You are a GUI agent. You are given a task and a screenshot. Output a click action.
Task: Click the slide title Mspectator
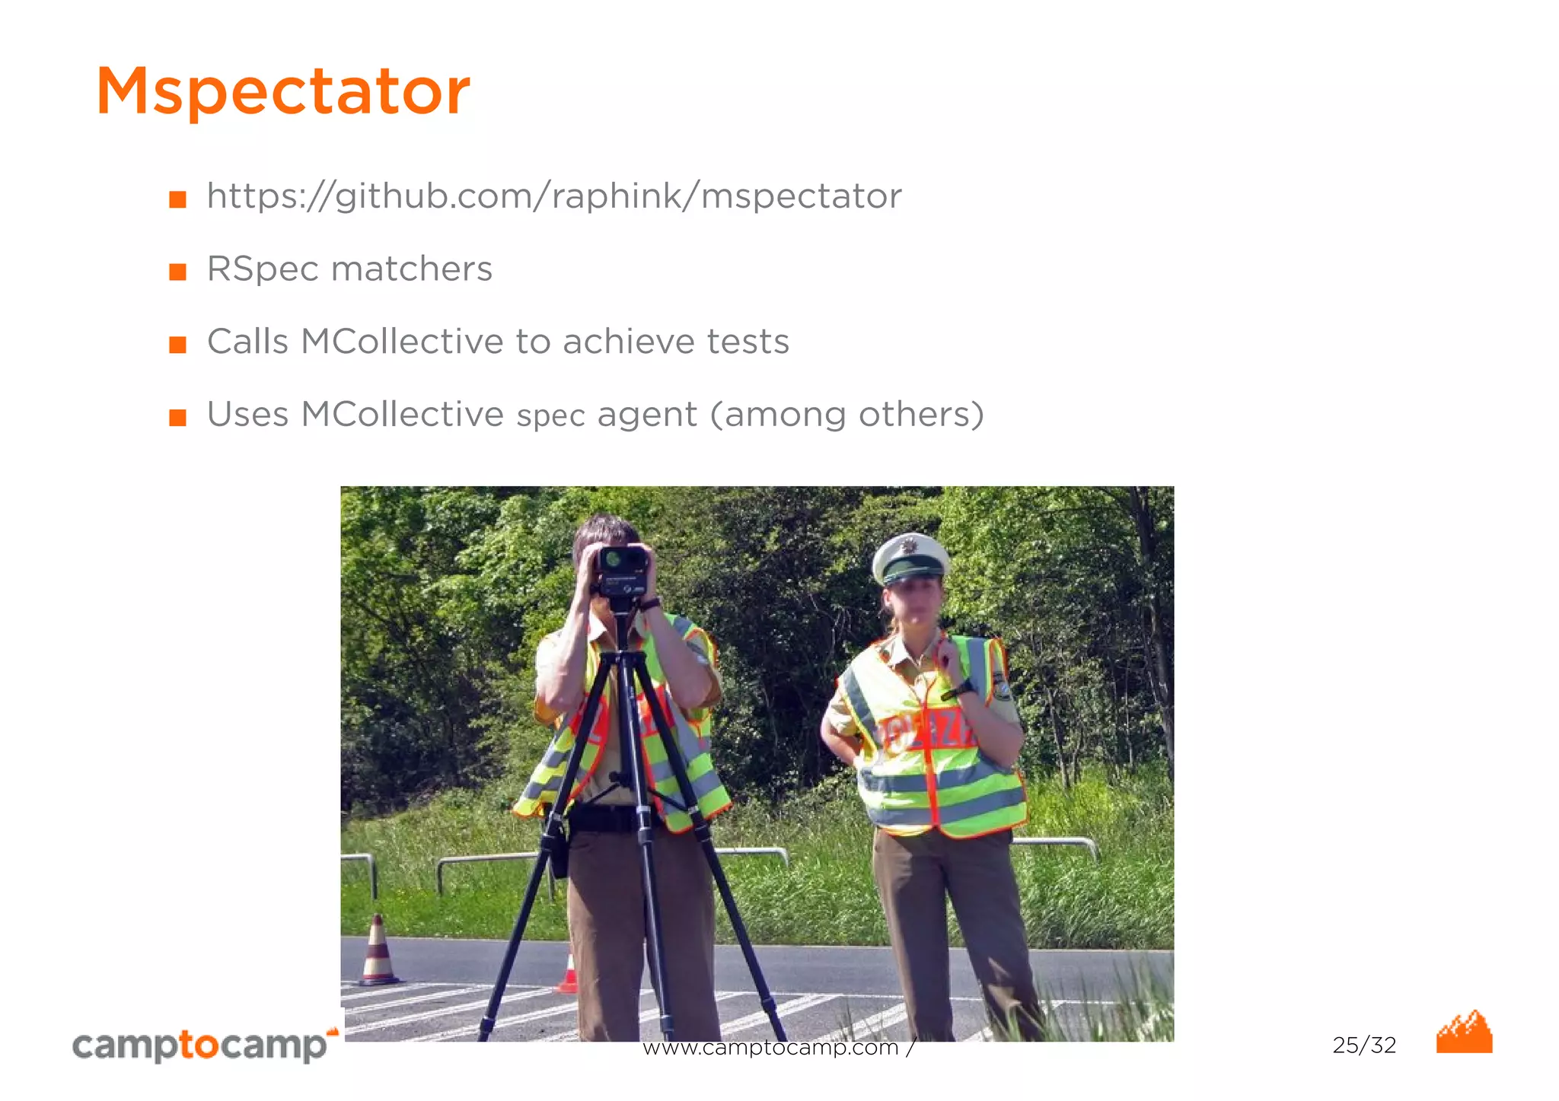282,92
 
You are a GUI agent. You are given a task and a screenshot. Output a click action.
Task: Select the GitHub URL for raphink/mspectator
553,196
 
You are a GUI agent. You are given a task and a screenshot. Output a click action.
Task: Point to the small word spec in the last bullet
550,416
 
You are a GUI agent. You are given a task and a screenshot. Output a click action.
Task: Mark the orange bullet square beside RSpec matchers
177,272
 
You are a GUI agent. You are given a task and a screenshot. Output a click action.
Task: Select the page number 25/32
1364,1045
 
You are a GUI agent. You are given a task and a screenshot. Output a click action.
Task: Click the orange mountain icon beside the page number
1464,1033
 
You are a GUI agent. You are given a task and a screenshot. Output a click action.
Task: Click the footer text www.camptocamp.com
770,1048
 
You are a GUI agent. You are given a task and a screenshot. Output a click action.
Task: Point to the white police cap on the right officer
910,558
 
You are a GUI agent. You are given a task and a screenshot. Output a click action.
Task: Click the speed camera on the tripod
622,571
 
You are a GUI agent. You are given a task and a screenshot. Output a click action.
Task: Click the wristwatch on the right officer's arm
961,689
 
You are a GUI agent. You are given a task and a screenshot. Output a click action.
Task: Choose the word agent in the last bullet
647,415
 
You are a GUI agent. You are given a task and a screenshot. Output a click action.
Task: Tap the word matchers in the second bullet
412,269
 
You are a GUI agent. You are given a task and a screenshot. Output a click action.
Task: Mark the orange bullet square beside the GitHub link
177,199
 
